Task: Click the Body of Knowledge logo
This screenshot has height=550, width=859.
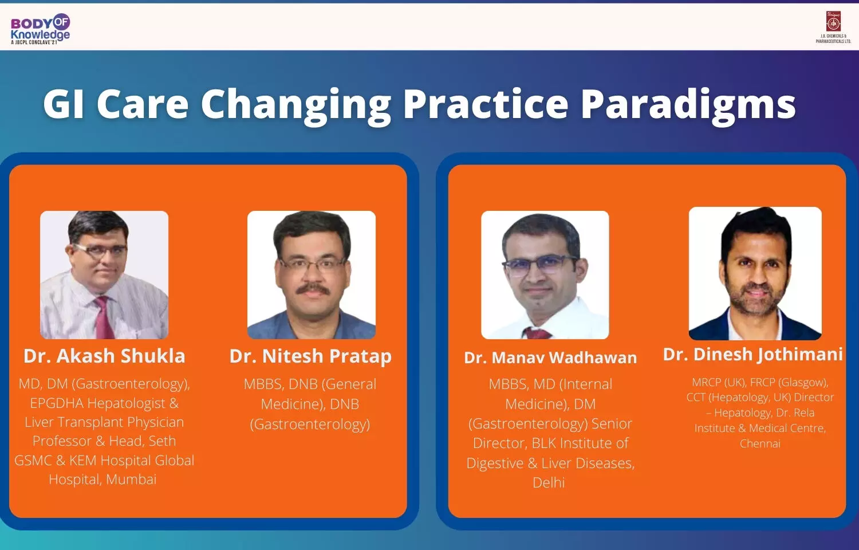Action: click(x=40, y=29)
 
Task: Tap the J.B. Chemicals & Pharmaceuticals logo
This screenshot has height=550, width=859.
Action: click(x=833, y=27)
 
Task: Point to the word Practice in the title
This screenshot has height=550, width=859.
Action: click(x=486, y=104)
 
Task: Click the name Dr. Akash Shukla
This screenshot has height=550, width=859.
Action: click(x=104, y=356)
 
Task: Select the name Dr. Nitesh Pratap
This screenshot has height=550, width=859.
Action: click(x=310, y=357)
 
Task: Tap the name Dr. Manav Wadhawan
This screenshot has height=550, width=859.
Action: click(x=550, y=358)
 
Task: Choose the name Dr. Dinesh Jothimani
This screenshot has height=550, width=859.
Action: click(x=753, y=355)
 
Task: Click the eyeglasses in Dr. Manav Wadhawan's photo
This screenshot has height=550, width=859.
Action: click(x=539, y=266)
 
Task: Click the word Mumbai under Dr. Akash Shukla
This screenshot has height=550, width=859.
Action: click(x=131, y=480)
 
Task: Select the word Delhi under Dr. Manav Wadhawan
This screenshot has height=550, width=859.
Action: click(x=549, y=482)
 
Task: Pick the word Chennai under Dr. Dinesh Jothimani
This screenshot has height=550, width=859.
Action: click(x=760, y=444)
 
